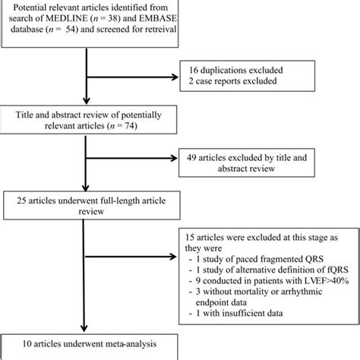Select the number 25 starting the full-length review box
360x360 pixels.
(15, 201)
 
